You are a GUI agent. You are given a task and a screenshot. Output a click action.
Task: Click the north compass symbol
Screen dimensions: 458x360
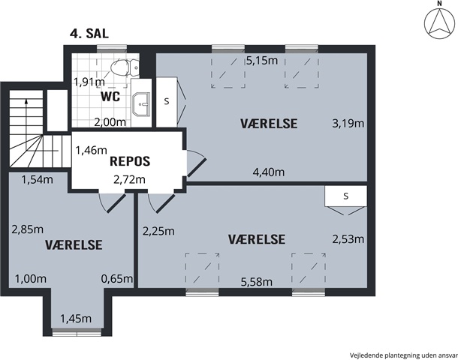[439, 22]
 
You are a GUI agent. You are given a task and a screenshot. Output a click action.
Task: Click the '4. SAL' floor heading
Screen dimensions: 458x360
[89, 33]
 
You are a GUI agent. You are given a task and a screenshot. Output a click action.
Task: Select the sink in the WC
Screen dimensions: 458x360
[141, 103]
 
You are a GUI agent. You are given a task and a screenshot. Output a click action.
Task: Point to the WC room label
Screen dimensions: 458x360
[110, 96]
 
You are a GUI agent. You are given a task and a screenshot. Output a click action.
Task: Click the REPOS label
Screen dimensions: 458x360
[130, 161]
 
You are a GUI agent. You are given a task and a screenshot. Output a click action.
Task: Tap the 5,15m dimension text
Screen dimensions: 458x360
[262, 61]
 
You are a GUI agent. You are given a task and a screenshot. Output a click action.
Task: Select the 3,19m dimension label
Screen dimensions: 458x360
[348, 124]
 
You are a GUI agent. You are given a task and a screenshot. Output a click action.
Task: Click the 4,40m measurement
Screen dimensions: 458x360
[269, 172]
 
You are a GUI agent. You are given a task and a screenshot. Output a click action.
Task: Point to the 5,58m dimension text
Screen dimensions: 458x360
[257, 282]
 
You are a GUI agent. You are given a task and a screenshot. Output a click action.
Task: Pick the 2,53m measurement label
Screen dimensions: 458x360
[348, 239]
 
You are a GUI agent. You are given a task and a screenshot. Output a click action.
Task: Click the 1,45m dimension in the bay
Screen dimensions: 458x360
[76, 319]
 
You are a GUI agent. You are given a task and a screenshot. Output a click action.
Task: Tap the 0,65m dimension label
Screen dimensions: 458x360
[117, 279]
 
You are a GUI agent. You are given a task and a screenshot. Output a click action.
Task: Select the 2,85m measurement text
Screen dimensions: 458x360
[28, 229]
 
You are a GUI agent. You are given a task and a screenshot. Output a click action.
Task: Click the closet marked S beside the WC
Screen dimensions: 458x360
[167, 102]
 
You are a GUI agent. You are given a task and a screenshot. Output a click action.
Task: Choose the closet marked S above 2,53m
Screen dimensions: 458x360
[346, 196]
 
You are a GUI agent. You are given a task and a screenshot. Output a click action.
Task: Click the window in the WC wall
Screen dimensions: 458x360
[112, 49]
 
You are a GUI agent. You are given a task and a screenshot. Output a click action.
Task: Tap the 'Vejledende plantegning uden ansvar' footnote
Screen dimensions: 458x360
[404, 355]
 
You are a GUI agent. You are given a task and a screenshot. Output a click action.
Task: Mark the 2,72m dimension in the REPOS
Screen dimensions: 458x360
[129, 180]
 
